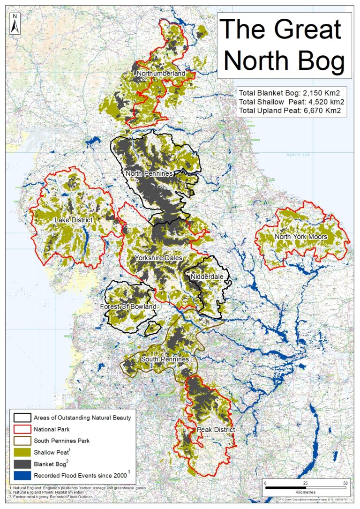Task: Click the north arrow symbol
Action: coord(15,23)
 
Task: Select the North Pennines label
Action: coord(149,173)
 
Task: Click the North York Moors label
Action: coord(301,236)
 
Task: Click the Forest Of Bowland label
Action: coord(128,307)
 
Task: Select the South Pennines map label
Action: coord(165,359)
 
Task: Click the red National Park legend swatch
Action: coord(22,429)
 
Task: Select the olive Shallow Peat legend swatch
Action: coord(22,452)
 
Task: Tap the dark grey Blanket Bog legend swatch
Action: coord(22,464)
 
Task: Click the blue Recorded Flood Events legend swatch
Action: coord(22,476)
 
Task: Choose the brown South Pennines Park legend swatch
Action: coord(22,441)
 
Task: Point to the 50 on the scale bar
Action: coord(345,483)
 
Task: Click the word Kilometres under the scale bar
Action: coord(305,493)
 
